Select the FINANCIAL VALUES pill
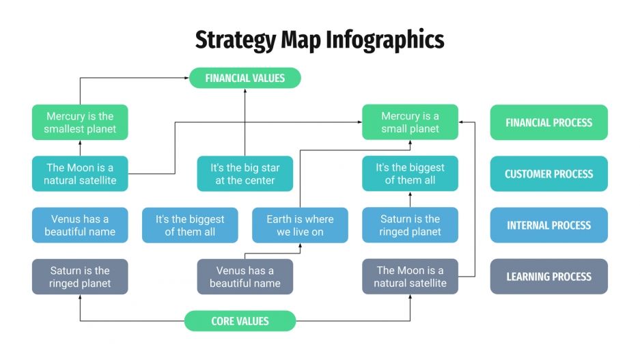click(x=245, y=78)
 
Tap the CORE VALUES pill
click(x=240, y=321)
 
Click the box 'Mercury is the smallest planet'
click(x=80, y=122)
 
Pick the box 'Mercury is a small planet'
click(x=410, y=122)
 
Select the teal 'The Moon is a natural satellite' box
click(x=80, y=174)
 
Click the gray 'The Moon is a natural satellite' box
click(x=410, y=277)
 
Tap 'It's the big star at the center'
click(x=245, y=174)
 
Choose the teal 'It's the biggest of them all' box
click(x=410, y=174)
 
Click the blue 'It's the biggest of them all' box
click(x=190, y=225)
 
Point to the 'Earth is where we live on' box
click(x=300, y=225)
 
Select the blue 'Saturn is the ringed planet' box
click(x=410, y=225)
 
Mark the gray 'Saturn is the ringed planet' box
click(x=80, y=277)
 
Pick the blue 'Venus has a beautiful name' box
click(x=80, y=225)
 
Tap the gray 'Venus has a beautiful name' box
click(x=245, y=277)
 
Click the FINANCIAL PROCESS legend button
click(x=548, y=122)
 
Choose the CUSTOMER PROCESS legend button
click(x=548, y=174)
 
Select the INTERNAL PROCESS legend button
click(x=548, y=225)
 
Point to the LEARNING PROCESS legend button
click(x=548, y=277)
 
